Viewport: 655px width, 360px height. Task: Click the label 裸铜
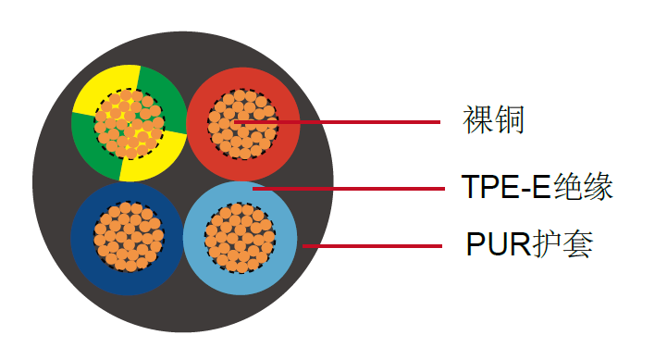[x=493, y=121]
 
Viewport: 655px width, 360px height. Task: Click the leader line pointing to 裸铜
[x=370, y=122]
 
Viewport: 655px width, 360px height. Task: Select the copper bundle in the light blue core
[x=239, y=237]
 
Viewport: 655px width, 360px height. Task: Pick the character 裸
[x=477, y=121]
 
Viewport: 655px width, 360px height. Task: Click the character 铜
[x=509, y=121]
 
